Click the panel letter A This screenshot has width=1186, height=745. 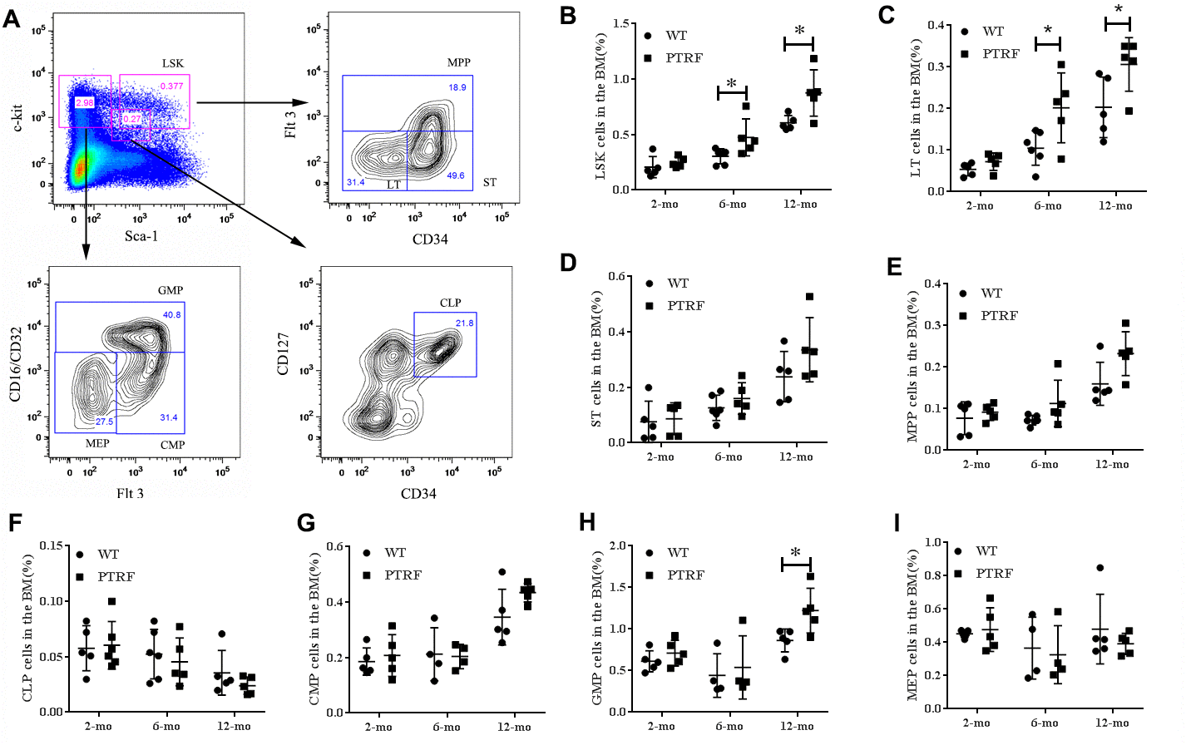click(x=12, y=18)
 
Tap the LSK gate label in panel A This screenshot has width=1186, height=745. click(x=173, y=63)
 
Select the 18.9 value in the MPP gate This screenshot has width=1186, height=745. click(x=457, y=87)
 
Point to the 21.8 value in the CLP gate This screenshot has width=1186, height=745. click(x=464, y=323)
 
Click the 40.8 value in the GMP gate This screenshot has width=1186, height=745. click(x=171, y=315)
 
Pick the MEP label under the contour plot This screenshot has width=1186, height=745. click(x=97, y=443)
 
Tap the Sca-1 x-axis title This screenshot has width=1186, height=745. click(x=141, y=236)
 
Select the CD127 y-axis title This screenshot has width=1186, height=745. click(x=284, y=354)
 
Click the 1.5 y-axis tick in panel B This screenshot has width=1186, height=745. click(x=620, y=23)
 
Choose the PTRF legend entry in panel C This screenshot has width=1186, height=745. click(x=1001, y=54)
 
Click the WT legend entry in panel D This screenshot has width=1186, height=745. click(x=678, y=284)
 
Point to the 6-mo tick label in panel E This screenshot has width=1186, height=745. click(x=1044, y=465)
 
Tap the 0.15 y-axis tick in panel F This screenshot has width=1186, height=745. click(x=51, y=545)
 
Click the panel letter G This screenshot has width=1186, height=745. click(x=306, y=523)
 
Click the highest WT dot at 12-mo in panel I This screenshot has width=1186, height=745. click(x=1100, y=568)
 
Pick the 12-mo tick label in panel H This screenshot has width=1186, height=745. click(x=797, y=727)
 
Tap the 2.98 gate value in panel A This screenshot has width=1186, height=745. click(x=85, y=102)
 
